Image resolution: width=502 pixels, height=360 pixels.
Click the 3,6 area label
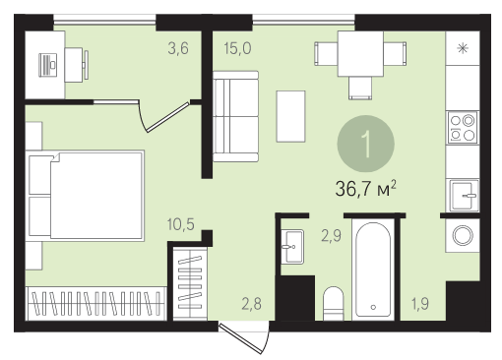tap(178, 49)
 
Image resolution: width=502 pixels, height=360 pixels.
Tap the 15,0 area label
tap(238, 48)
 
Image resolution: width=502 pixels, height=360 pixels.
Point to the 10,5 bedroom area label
tap(181, 224)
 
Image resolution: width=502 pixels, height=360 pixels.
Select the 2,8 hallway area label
tap(252, 304)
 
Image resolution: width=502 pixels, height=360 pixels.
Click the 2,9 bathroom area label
tap(331, 236)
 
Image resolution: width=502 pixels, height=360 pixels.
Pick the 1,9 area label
tap(420, 304)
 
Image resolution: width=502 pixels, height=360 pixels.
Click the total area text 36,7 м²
tap(366, 189)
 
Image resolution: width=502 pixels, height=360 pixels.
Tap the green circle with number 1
tap(365, 144)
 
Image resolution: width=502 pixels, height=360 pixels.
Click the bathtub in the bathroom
tap(373, 270)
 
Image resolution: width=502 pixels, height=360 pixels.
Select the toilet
tap(333, 303)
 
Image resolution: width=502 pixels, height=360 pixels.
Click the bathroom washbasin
tap(292, 247)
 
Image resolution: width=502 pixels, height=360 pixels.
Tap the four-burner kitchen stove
tap(463, 128)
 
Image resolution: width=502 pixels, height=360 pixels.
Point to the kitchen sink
tap(463, 196)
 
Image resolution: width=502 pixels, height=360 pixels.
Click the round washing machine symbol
tap(463, 235)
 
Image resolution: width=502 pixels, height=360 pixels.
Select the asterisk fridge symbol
tap(463, 48)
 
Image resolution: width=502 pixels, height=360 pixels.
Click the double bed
tap(85, 196)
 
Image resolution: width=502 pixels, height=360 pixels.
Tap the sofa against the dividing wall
tap(235, 116)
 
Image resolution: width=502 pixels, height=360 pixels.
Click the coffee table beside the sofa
tap(290, 116)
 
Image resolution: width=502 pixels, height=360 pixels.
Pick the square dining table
tap(360, 54)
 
